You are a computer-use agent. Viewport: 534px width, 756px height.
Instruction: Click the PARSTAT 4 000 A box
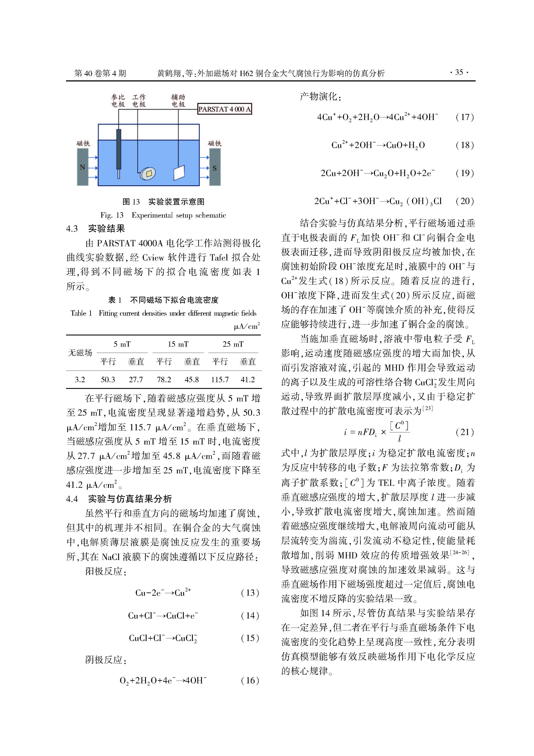(x=224, y=109)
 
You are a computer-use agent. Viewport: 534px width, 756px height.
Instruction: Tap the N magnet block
(x=83, y=167)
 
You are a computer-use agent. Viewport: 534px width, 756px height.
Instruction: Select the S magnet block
(x=215, y=167)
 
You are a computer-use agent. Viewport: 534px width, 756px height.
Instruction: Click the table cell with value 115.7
(x=220, y=380)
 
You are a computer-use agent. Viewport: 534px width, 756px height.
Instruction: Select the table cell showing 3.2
(x=80, y=380)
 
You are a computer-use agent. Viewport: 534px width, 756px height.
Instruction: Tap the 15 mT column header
(x=178, y=344)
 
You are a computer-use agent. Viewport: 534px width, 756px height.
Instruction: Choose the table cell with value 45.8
(x=192, y=380)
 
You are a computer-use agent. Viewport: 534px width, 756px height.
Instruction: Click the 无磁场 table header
(x=80, y=353)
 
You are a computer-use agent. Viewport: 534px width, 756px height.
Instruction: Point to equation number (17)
(x=464, y=117)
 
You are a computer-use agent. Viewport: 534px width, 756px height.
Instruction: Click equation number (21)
(x=464, y=432)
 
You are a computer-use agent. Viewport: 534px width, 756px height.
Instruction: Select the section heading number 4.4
(x=72, y=499)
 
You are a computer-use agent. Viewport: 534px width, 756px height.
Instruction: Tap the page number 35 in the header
(x=459, y=72)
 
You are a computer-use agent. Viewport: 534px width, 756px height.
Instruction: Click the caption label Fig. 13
(x=112, y=215)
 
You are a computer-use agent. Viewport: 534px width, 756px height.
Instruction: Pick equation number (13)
(x=250, y=593)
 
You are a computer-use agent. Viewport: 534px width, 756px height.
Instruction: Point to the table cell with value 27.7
(x=136, y=380)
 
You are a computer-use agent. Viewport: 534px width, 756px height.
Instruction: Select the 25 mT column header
(x=233, y=344)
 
